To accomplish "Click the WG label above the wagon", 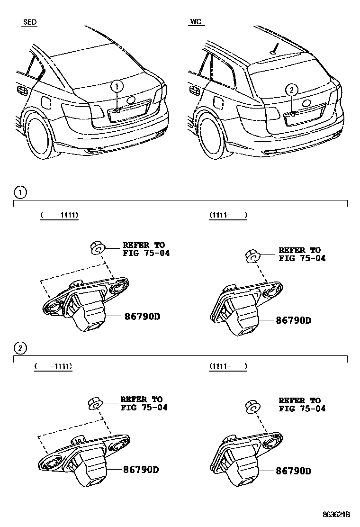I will (196, 22).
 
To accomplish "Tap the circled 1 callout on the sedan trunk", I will (117, 87).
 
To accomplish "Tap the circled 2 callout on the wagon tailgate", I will (292, 89).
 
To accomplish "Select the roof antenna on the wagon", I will (274, 48).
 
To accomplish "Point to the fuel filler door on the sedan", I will (47, 102).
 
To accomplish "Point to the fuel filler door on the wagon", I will (219, 103).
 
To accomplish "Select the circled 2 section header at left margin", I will (20, 348).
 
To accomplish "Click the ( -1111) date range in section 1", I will (59, 215).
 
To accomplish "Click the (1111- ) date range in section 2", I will (228, 366).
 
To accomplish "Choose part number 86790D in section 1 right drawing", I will (293, 320).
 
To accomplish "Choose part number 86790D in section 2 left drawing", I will (141, 470).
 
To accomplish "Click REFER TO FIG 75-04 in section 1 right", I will (302, 254).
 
